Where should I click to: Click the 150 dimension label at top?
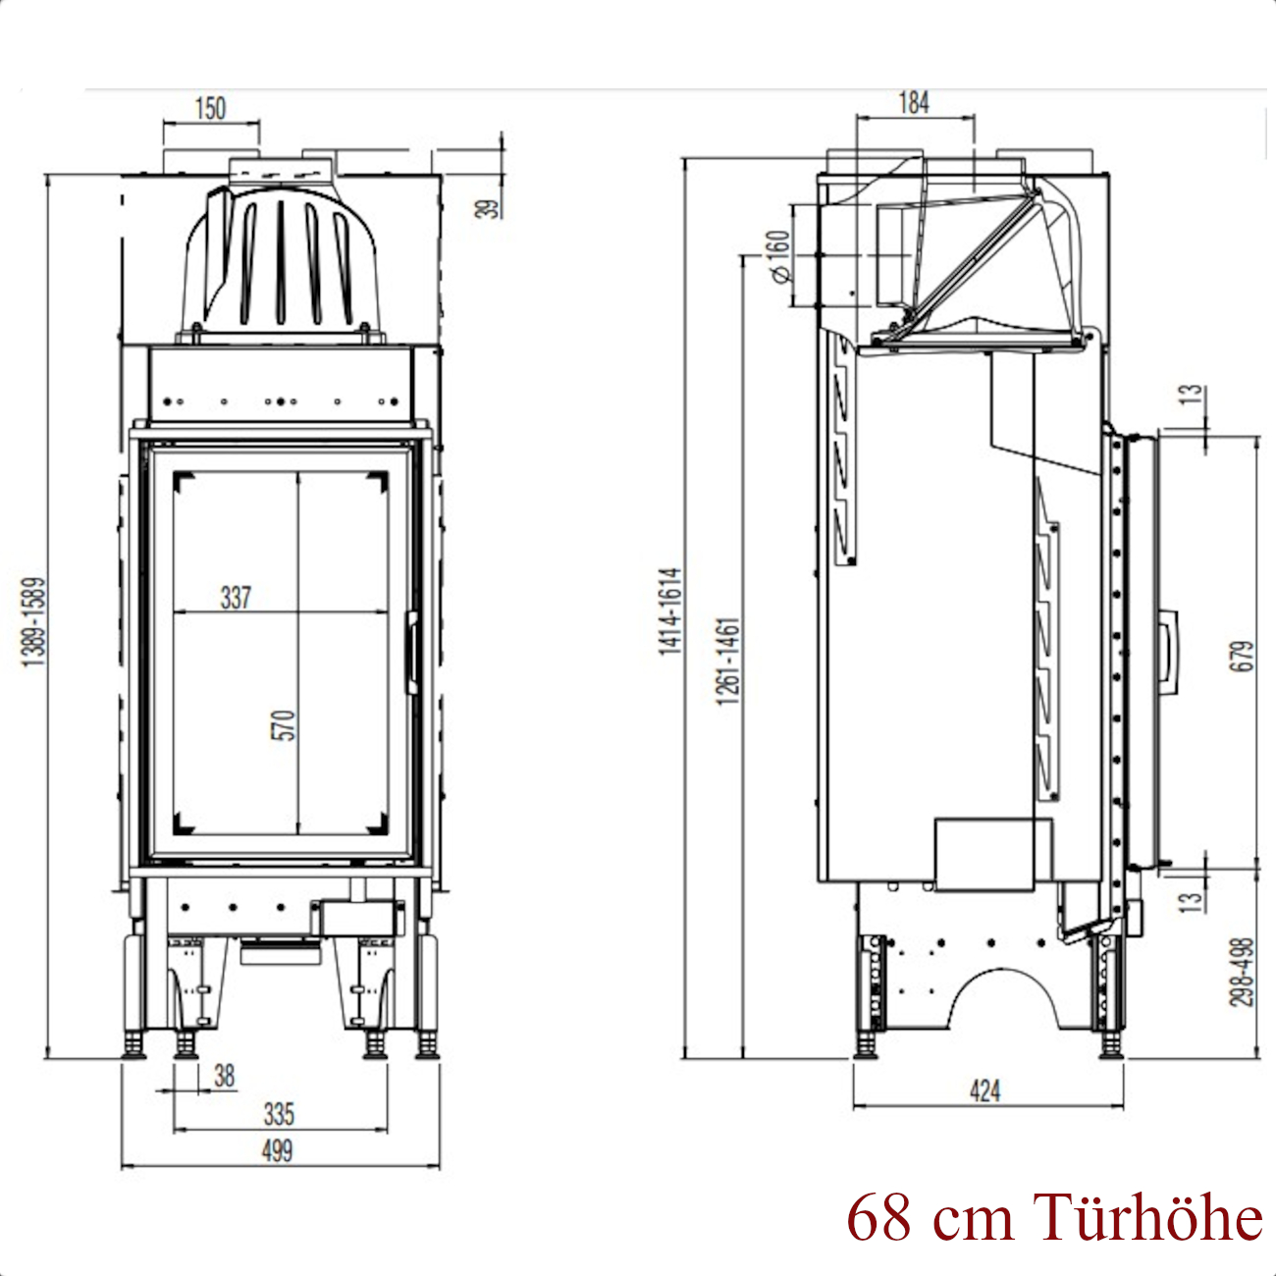tap(211, 108)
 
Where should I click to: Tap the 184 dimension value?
tap(914, 103)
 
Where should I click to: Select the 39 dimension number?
tap(489, 209)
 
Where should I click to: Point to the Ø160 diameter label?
tap(780, 256)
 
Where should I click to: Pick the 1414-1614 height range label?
tap(669, 611)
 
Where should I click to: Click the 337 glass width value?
tap(236, 598)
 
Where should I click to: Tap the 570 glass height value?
tap(283, 725)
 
